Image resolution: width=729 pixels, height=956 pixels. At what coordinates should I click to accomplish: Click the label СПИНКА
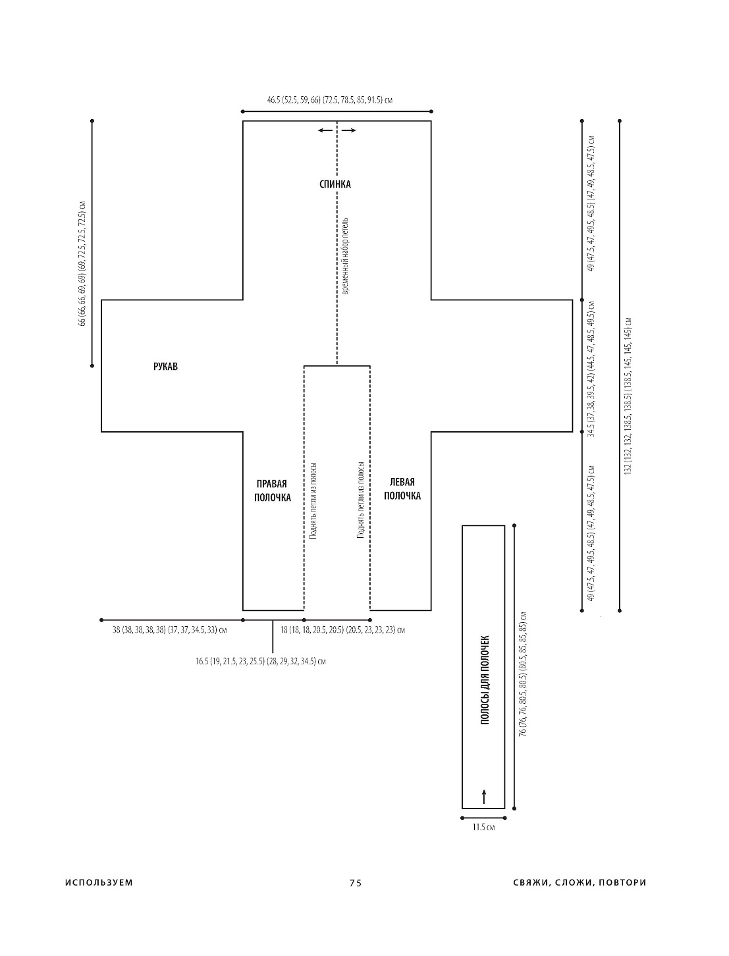tap(335, 184)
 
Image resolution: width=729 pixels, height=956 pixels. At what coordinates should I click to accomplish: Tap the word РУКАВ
tap(165, 367)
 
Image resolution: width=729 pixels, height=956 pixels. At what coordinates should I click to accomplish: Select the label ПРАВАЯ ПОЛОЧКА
tap(272, 491)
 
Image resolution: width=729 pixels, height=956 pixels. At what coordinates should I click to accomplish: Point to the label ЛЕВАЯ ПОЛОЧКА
tap(402, 489)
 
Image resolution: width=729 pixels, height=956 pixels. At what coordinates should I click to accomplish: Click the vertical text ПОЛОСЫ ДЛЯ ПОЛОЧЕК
tap(485, 680)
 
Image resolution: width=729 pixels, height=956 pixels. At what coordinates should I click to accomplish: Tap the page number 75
tap(356, 883)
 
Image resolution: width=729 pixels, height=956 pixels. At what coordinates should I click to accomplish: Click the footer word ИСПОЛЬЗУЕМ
tap(99, 883)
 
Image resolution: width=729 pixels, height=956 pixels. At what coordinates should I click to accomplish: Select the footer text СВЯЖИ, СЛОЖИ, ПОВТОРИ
tap(580, 883)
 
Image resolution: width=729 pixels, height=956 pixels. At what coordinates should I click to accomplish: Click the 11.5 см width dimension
tap(483, 827)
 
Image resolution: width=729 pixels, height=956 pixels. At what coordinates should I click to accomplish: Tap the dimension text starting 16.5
tap(260, 661)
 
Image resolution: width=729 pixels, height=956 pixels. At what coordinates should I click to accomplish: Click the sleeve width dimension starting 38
tap(170, 630)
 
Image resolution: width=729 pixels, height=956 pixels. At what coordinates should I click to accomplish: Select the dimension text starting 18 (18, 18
tap(342, 630)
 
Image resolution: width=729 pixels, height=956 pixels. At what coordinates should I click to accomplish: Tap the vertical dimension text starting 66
tap(82, 263)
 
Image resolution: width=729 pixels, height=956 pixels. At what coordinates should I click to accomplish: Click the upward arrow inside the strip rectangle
tap(484, 796)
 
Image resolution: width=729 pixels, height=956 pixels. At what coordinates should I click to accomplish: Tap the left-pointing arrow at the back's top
tap(325, 130)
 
